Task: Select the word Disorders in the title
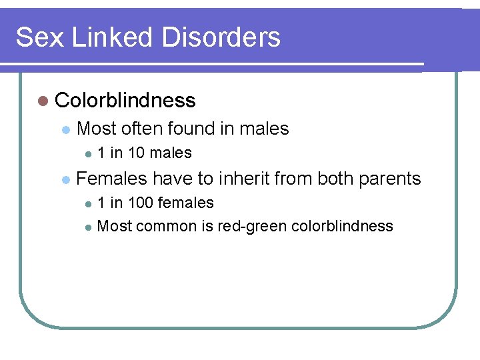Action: (x=223, y=37)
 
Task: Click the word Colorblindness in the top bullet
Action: (x=125, y=101)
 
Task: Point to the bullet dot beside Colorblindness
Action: (x=43, y=101)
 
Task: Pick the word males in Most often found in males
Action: (x=265, y=129)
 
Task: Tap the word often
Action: (x=143, y=129)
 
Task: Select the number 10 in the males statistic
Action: (x=137, y=153)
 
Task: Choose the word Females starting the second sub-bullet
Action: (x=112, y=179)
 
